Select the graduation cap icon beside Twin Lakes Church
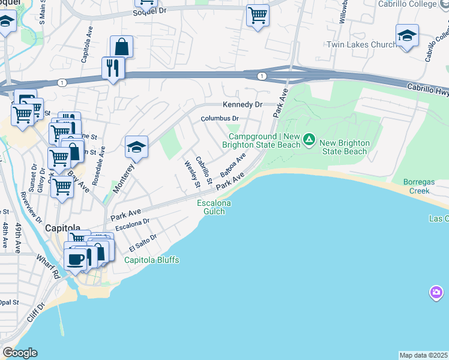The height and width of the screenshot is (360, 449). (407, 37)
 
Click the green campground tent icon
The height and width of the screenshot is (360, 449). (309, 140)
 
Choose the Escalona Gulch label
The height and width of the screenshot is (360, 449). (214, 207)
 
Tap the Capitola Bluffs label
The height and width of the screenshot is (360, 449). (152, 260)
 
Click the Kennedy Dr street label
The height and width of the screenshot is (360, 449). (243, 104)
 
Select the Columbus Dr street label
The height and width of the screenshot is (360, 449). (220, 119)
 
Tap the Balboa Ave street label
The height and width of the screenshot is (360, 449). (234, 164)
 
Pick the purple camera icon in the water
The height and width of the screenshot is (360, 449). (436, 292)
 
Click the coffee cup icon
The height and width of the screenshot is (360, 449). (76, 259)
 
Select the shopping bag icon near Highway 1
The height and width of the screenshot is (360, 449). (121, 46)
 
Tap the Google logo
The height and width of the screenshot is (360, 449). (20, 353)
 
